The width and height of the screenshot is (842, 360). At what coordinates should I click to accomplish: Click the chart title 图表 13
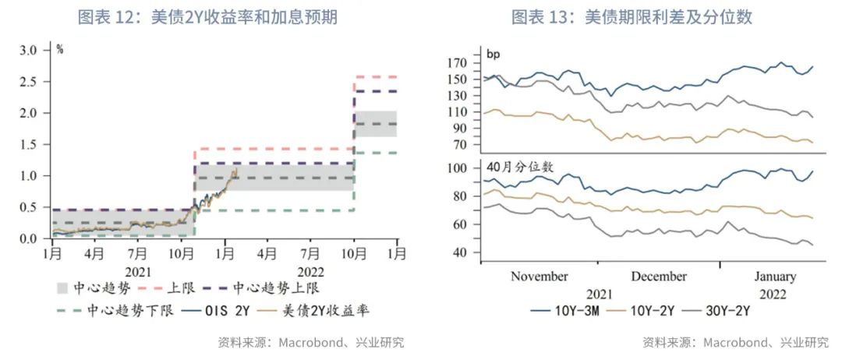pos(631,17)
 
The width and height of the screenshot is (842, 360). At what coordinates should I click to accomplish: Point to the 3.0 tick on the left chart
pos(28,50)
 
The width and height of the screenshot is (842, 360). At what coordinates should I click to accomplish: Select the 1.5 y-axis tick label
pos(28,144)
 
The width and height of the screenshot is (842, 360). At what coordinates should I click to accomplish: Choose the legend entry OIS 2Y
pos(221,311)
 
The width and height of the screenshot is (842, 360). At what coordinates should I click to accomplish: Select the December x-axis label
pos(659,277)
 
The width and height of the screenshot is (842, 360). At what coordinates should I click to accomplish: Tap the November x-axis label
pos(539,277)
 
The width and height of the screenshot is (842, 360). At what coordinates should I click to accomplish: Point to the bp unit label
pos(493,54)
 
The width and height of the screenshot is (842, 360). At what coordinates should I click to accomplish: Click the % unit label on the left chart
pos(60,50)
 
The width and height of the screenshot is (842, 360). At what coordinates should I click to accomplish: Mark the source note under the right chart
pos(735,342)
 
